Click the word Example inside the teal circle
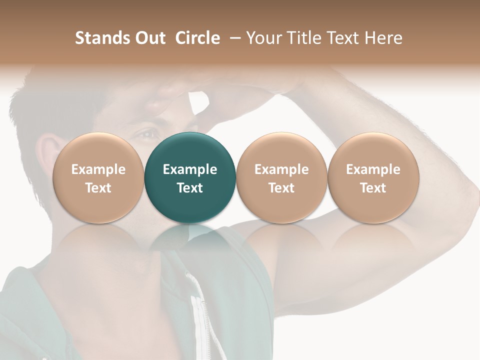pos(190,169)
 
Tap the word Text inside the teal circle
pos(190,188)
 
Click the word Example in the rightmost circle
pos(373,169)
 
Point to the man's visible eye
pos(147,134)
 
